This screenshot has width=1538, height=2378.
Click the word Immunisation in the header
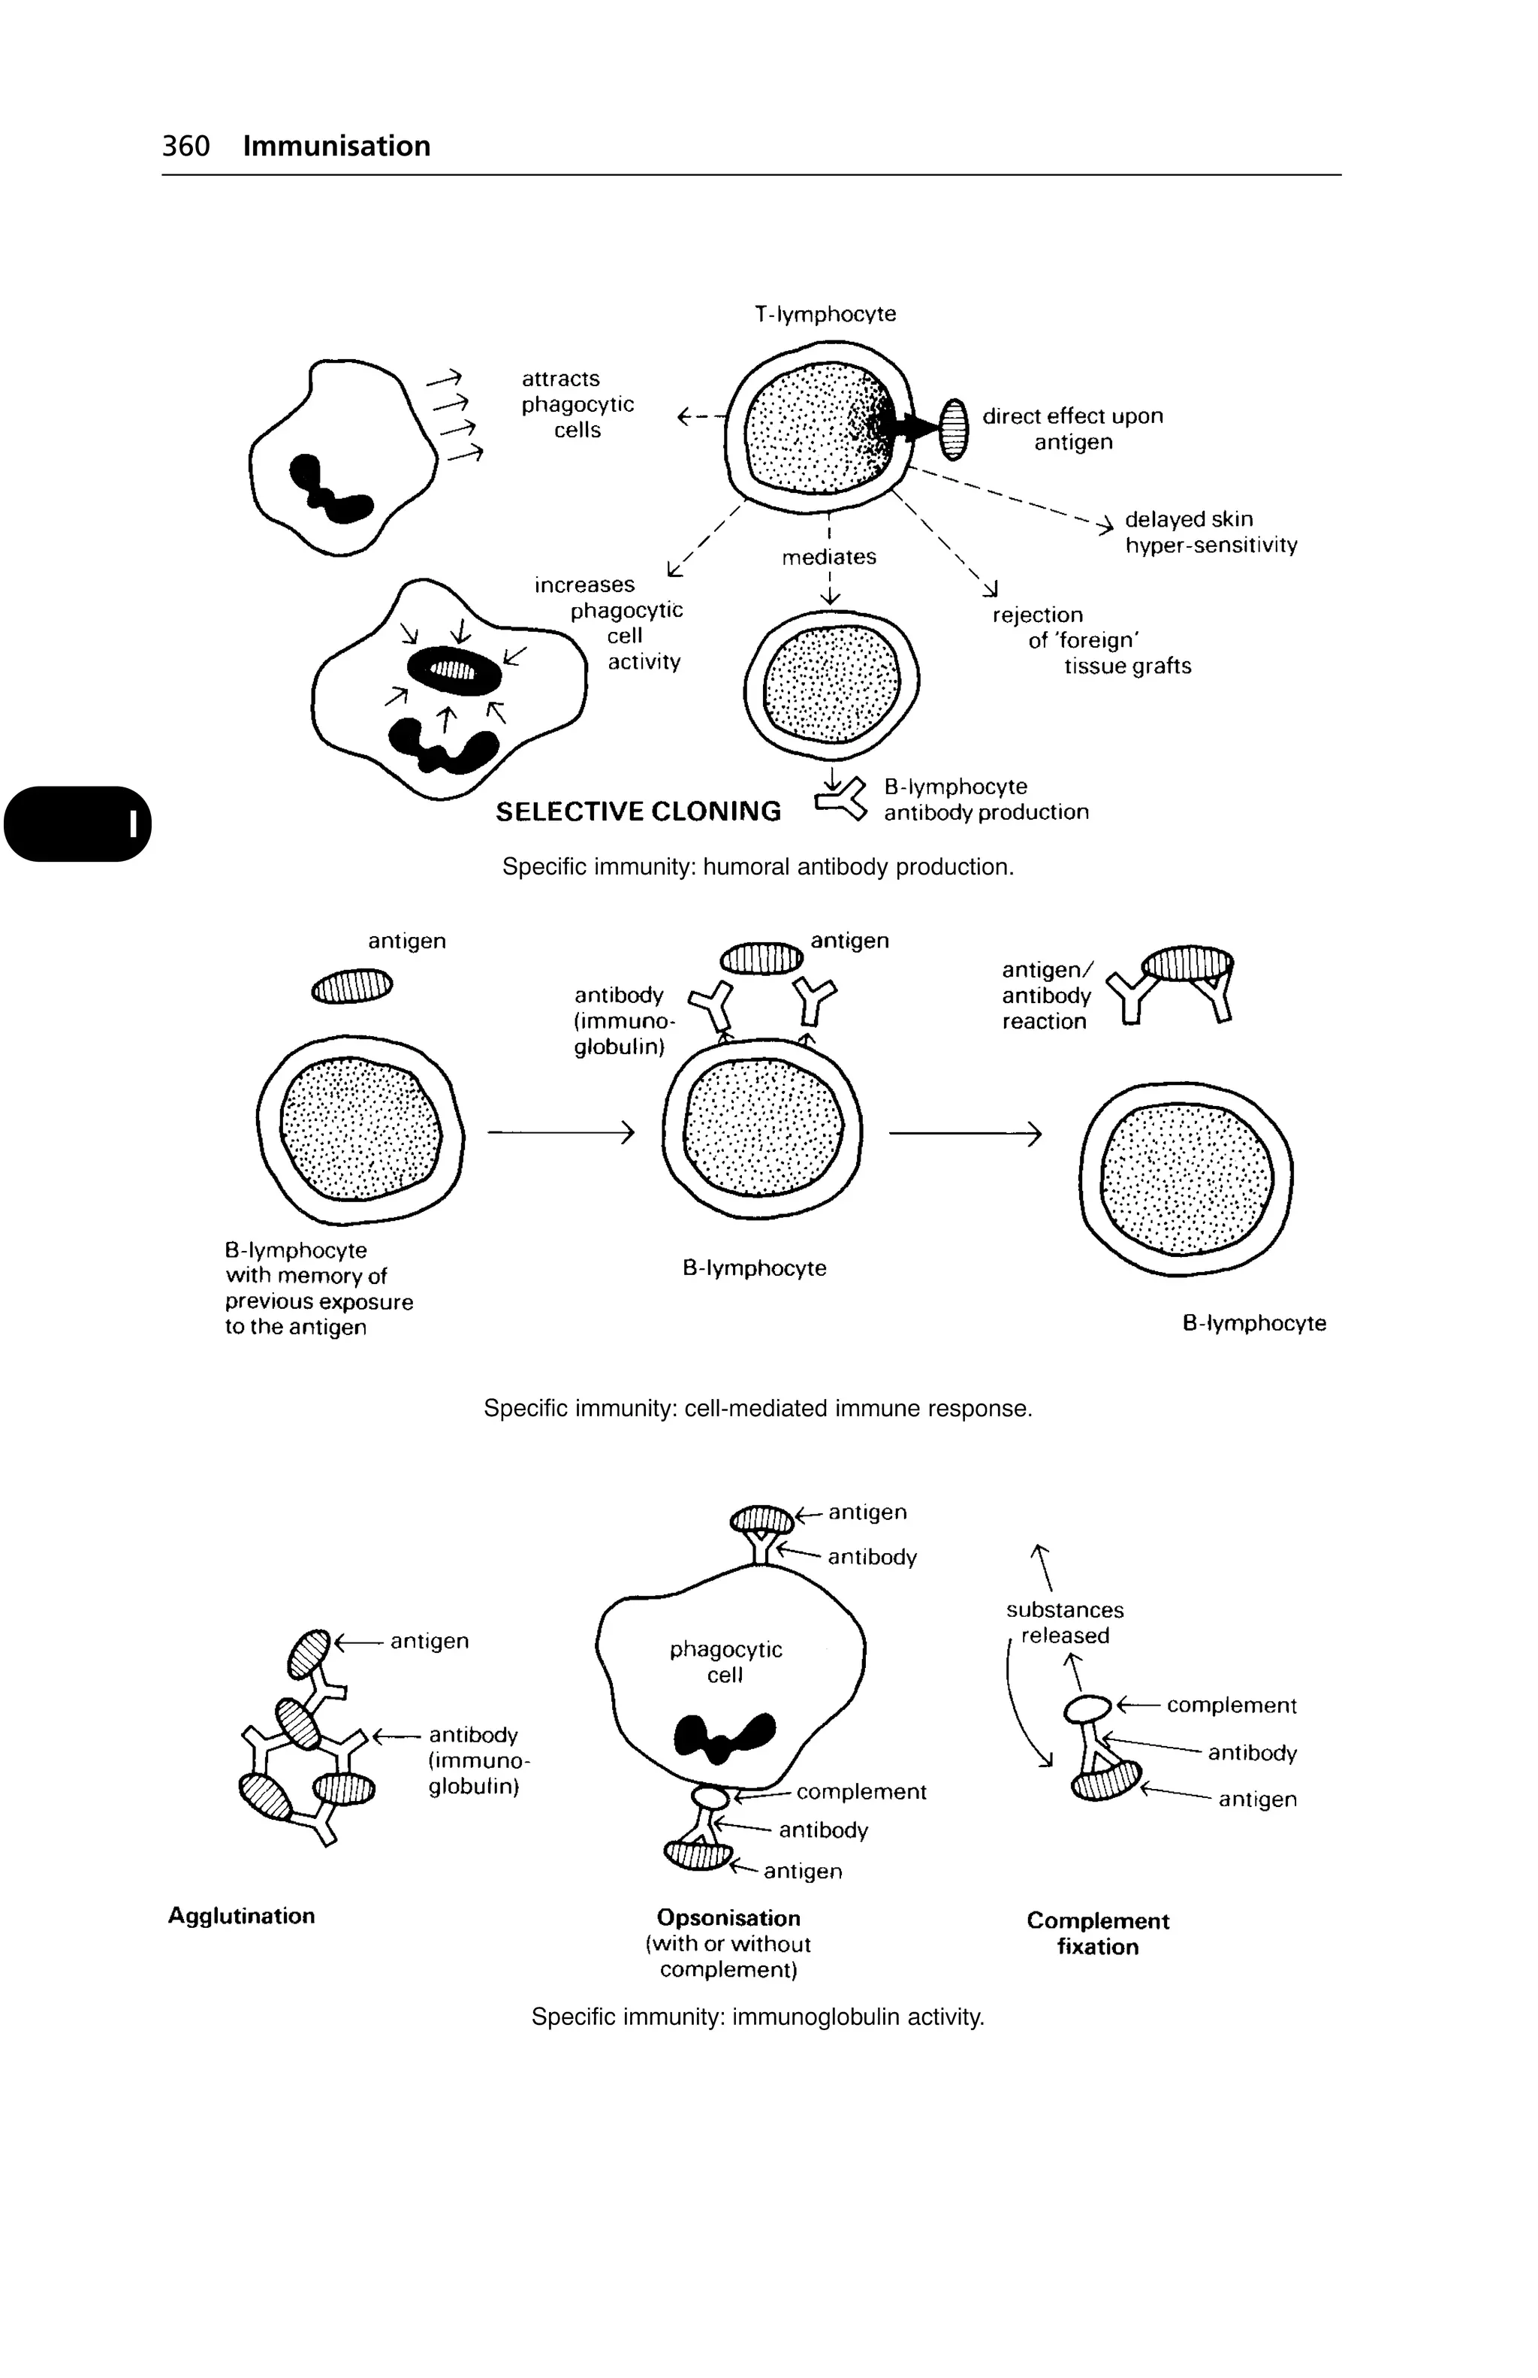[336, 146]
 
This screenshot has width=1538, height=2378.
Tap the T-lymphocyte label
[825, 314]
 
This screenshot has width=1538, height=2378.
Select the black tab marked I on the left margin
[78, 823]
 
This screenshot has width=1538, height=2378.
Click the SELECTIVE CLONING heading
[638, 811]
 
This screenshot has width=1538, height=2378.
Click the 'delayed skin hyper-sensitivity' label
[1211, 531]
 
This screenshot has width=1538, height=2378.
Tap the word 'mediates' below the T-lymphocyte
[829, 557]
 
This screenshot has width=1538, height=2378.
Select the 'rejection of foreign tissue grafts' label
[1090, 639]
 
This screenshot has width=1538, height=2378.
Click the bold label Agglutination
[242, 1915]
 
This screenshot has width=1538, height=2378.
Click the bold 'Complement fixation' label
[1098, 1933]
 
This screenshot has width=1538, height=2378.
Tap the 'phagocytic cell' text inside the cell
[726, 1662]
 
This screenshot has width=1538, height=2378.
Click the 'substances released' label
[1065, 1623]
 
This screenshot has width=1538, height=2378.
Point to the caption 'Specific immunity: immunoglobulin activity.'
[758, 2017]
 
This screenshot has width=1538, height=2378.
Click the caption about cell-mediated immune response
[758, 1408]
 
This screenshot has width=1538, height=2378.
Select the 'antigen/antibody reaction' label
[1047, 996]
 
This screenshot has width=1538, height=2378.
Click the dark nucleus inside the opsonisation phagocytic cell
[725, 1736]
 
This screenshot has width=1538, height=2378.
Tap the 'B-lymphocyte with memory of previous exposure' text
[318, 1288]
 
